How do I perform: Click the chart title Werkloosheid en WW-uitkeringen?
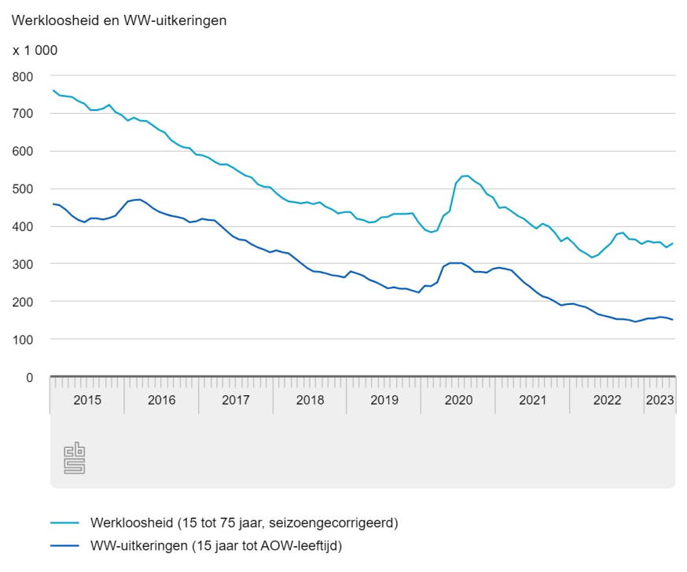click(x=119, y=21)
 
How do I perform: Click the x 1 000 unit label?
click(x=35, y=50)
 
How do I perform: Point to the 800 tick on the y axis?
click(x=24, y=76)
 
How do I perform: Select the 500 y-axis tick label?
click(x=24, y=189)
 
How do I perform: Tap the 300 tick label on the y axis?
click(x=24, y=265)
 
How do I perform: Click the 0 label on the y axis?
click(x=29, y=378)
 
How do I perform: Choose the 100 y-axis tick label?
click(x=24, y=340)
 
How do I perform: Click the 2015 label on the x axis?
click(x=87, y=400)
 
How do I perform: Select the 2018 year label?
click(x=310, y=400)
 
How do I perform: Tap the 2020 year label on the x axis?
click(x=458, y=400)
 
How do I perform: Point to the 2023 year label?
click(x=659, y=400)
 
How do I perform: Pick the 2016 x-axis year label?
click(x=161, y=400)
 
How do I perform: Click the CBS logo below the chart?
click(x=74, y=459)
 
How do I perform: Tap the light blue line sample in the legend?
click(x=66, y=522)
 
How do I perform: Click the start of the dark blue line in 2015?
click(x=53, y=204)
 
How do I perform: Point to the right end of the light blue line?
click(x=673, y=244)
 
